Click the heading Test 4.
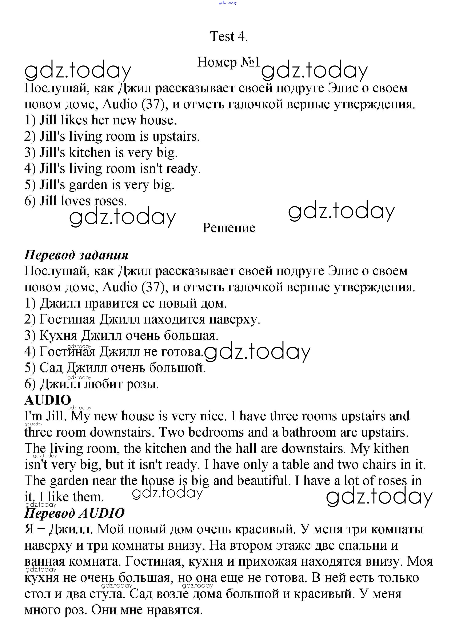point(229,37)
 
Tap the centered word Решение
point(229,228)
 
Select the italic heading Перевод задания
point(76,255)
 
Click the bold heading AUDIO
point(48,400)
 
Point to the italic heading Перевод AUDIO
point(74,513)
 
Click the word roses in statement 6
point(110,201)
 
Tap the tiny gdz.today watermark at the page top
point(227,3)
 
